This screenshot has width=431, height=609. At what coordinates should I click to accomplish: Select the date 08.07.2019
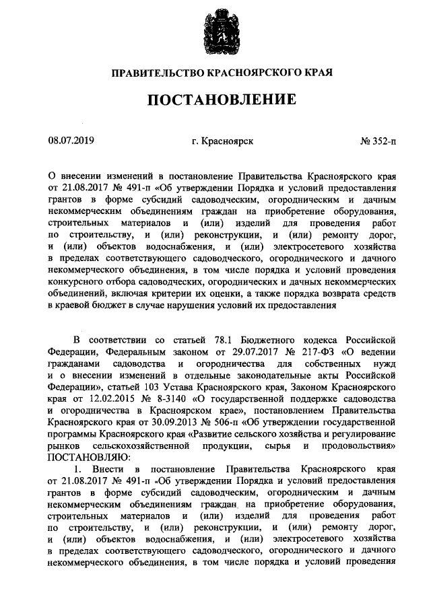point(71,141)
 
